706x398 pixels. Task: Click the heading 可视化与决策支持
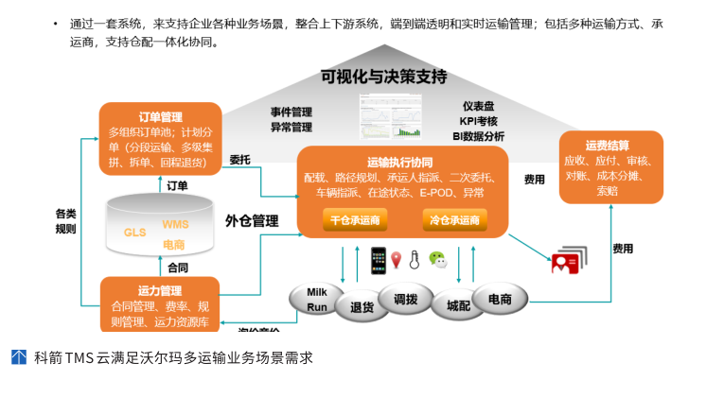pyautogui.click(x=383, y=78)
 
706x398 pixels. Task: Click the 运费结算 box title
pyautogui.click(x=608, y=146)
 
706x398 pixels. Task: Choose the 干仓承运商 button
pyautogui.click(x=355, y=221)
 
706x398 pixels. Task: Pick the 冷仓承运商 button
pyautogui.click(x=454, y=221)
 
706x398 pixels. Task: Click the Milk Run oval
pyautogui.click(x=317, y=300)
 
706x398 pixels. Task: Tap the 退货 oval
pyautogui.click(x=362, y=306)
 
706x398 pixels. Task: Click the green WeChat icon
pyautogui.click(x=437, y=259)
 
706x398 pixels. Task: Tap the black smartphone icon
pyautogui.click(x=377, y=259)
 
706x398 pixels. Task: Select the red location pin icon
pyautogui.click(x=396, y=259)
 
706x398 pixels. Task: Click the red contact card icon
pyautogui.click(x=566, y=263)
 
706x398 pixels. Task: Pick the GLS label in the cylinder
pyautogui.click(x=135, y=232)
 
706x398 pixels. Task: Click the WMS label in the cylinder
pyautogui.click(x=175, y=224)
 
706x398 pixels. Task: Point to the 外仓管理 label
pyautogui.click(x=252, y=221)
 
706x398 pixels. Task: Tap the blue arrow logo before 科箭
pyautogui.click(x=19, y=357)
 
